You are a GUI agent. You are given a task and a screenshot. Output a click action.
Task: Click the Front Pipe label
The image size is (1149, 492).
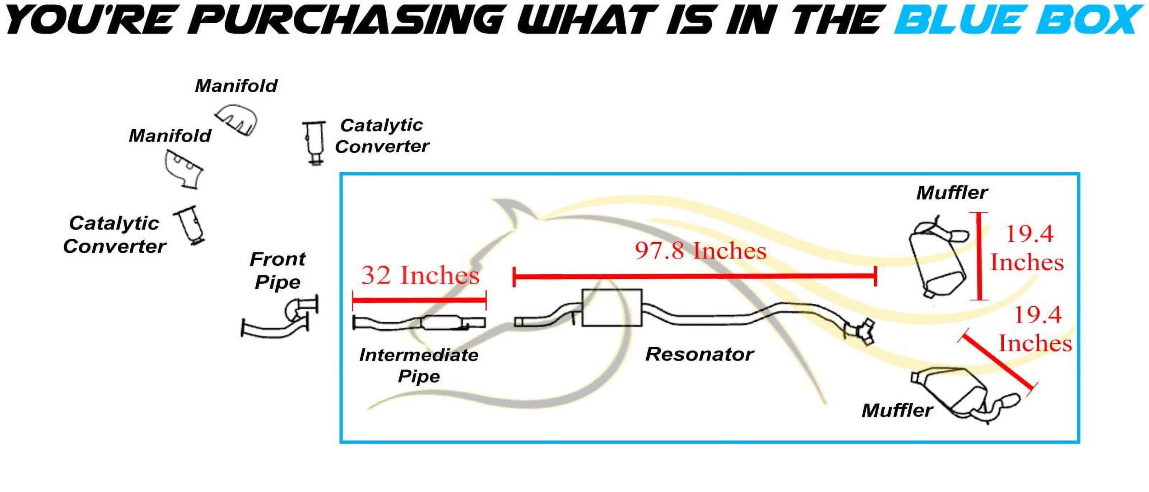coord(278,271)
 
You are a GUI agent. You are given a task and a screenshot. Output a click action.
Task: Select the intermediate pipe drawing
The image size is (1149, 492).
coord(419,322)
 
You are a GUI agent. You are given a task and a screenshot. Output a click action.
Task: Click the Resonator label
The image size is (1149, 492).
coord(699,354)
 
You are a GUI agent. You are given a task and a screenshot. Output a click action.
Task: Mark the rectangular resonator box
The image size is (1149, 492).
coord(612,307)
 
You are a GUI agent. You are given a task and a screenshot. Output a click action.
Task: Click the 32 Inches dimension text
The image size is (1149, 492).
coord(420,275)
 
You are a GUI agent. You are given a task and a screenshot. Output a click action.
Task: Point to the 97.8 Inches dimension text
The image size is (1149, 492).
coord(700,251)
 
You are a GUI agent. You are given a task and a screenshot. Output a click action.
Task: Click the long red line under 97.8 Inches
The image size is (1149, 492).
coord(695,277)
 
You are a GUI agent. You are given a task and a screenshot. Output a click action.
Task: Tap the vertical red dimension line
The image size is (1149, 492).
coord(980,256)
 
